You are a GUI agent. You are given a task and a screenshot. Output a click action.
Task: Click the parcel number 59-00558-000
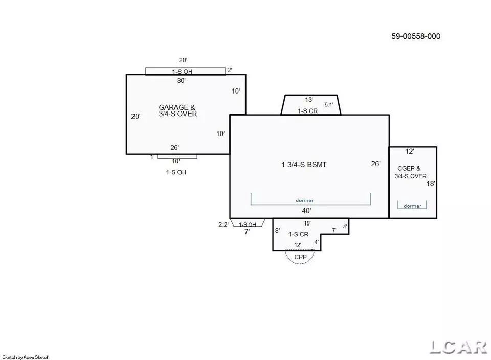(416, 36)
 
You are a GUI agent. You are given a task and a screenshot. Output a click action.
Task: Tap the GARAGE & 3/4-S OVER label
(177, 110)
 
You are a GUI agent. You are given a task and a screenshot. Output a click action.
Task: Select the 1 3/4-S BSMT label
(304, 165)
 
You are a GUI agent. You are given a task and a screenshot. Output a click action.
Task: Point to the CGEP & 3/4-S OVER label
(410, 172)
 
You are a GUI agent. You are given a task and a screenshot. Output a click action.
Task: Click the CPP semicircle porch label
(300, 257)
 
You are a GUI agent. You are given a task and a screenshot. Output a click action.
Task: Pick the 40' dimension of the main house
(306, 211)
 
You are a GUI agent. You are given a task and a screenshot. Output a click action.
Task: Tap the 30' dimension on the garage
(181, 81)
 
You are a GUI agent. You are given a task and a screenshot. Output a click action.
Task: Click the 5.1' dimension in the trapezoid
(329, 105)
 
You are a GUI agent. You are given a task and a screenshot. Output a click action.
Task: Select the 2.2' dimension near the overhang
(224, 224)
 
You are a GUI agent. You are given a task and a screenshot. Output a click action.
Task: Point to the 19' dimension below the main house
(307, 223)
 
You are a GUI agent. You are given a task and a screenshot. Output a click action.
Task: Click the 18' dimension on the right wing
(431, 184)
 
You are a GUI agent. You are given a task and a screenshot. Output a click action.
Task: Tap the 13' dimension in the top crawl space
(309, 100)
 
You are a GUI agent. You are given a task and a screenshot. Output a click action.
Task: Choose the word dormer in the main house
(305, 200)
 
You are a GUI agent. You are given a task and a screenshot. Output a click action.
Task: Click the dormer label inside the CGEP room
(412, 206)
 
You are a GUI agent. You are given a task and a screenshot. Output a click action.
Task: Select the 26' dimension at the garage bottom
(175, 148)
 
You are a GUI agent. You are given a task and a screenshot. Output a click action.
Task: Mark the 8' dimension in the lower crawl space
(277, 231)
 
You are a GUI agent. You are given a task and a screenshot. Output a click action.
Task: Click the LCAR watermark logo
(458, 347)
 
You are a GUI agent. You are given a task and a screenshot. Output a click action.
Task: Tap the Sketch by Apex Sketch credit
(26, 357)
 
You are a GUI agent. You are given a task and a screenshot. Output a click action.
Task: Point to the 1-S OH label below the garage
(176, 172)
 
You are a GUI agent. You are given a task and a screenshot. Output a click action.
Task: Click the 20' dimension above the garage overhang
(183, 60)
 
